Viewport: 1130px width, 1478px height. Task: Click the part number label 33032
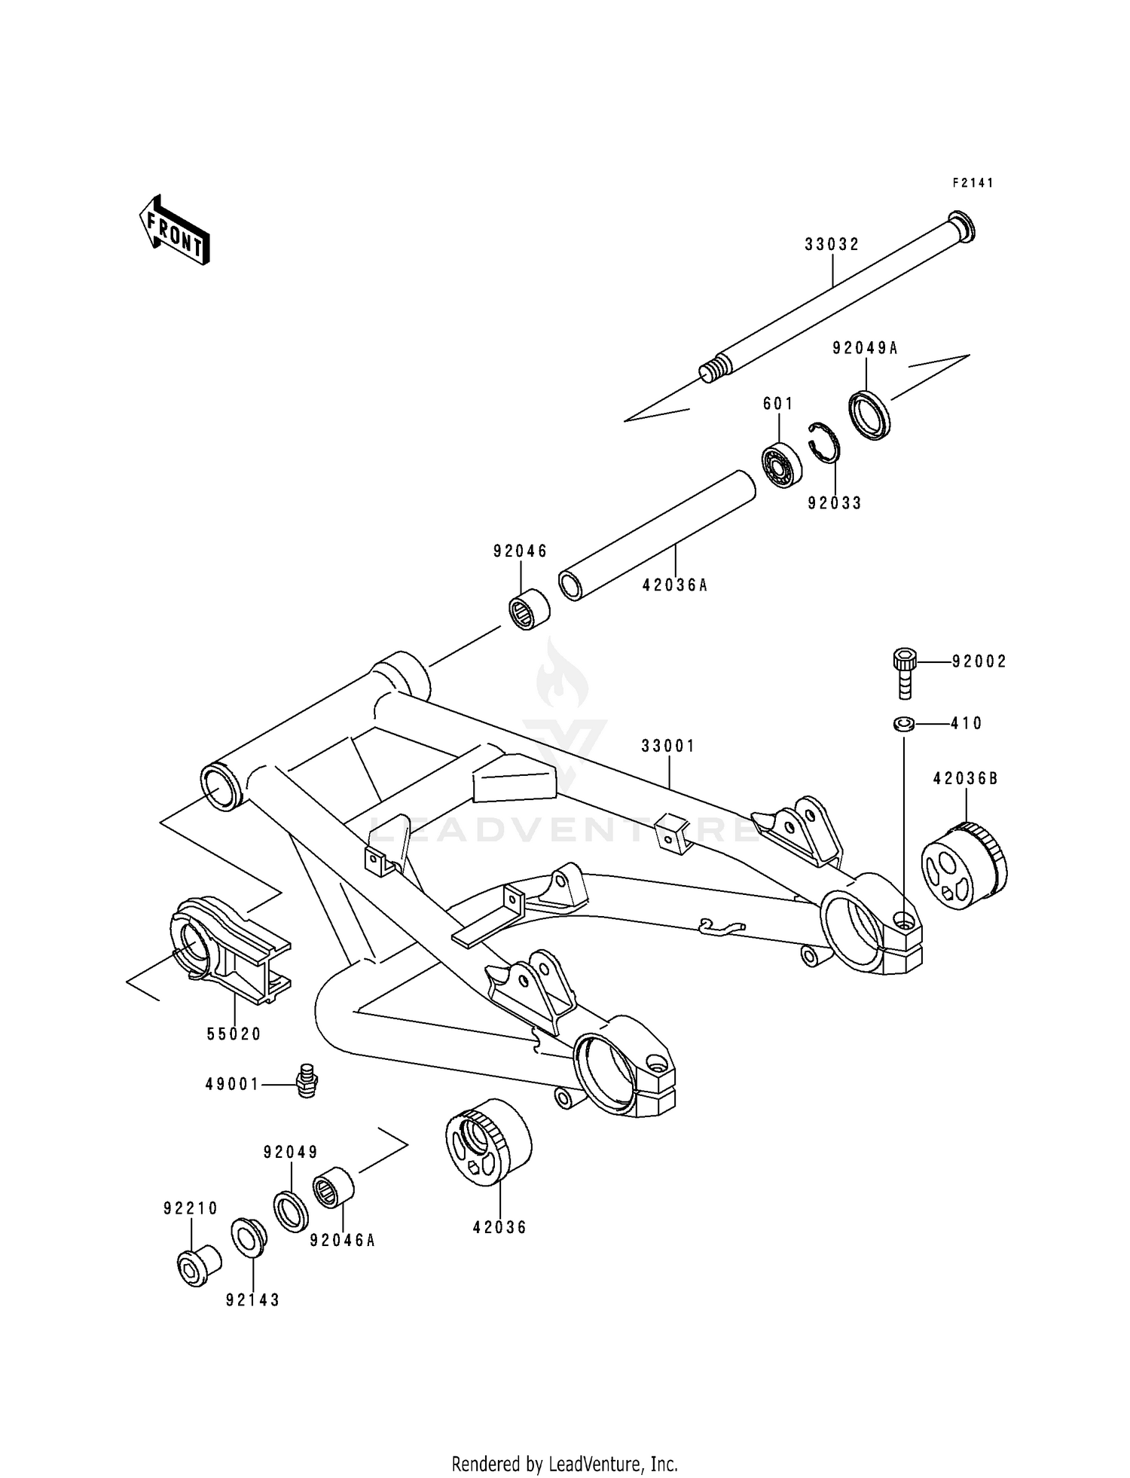832,245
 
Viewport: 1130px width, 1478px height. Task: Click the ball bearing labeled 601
780,464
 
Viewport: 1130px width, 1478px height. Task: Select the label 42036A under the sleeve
675,584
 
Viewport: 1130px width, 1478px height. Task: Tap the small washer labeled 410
904,724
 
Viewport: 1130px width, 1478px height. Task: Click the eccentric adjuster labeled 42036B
964,866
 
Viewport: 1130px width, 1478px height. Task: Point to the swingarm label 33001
668,746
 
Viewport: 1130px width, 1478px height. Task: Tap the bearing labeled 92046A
334,1187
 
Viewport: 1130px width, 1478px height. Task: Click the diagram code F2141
973,183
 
